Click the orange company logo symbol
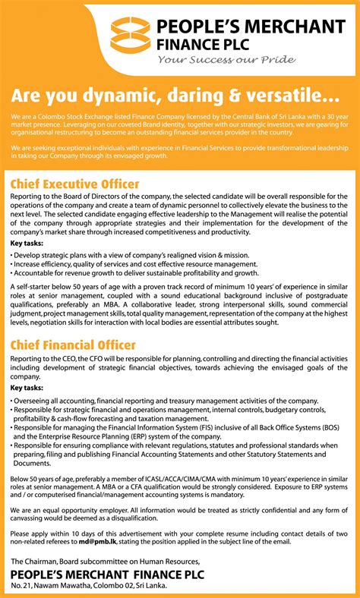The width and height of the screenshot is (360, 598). (x=130, y=35)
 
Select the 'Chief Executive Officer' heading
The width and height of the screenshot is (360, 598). (x=74, y=184)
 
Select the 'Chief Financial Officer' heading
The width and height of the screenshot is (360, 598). (x=73, y=345)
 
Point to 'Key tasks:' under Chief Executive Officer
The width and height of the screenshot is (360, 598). (x=27, y=244)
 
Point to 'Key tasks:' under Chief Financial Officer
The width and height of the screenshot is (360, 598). (x=27, y=387)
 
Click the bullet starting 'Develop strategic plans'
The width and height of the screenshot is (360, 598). (x=130, y=256)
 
